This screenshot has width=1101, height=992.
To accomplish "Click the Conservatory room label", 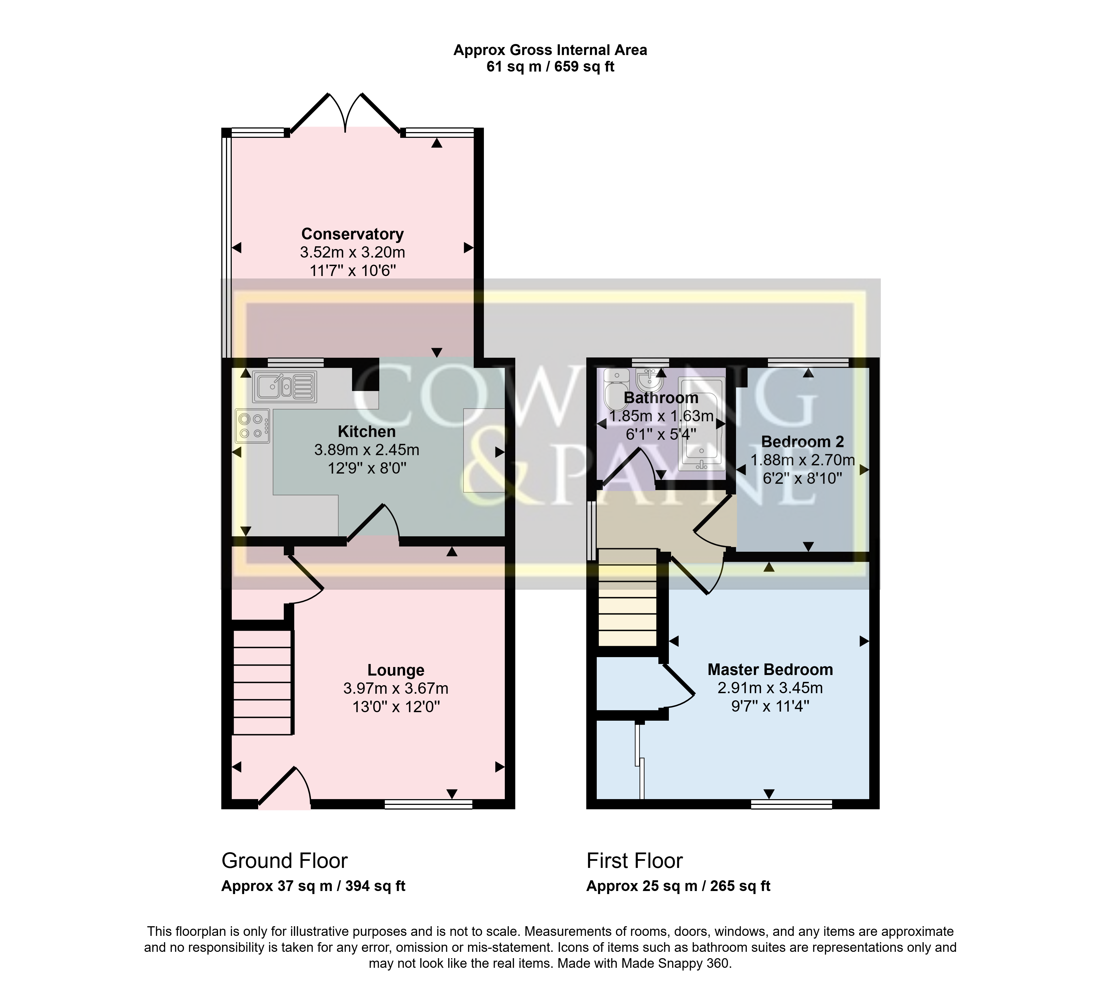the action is [x=352, y=234].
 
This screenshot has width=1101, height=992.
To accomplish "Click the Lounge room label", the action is [x=395, y=670].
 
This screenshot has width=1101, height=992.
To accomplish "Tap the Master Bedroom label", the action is [x=770, y=669].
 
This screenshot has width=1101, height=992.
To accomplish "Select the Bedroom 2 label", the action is [x=802, y=441].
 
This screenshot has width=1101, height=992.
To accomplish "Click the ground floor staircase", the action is [x=262, y=682].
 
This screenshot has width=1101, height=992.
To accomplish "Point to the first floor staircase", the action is [x=627, y=597].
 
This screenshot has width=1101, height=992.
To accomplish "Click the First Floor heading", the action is [x=634, y=861].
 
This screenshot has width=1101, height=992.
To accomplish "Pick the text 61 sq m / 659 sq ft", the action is [x=550, y=67].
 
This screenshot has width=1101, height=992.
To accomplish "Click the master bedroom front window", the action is [x=791, y=804].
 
